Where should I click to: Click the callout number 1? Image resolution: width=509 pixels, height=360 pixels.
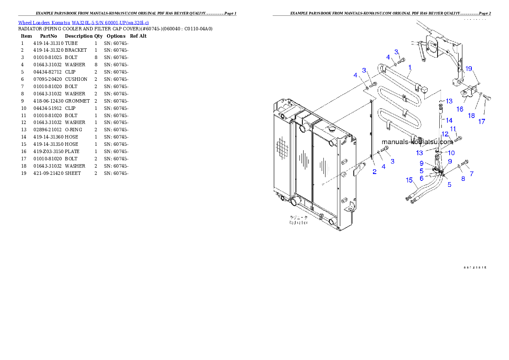410,68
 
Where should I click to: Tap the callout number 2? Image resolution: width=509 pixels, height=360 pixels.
374,172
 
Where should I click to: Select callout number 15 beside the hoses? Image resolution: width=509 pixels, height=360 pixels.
409,180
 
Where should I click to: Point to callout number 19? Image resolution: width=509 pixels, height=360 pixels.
469,69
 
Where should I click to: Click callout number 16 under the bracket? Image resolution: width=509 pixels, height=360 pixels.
460,109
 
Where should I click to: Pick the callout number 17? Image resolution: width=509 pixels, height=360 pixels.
482,121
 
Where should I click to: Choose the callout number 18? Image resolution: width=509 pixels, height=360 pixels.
471,115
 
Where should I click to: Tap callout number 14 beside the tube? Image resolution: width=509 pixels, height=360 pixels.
449,120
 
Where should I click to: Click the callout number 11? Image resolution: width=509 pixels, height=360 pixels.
453,129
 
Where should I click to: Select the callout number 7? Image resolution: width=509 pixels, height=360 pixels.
472,174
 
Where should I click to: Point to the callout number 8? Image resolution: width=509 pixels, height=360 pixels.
463,179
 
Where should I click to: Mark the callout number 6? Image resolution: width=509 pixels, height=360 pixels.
421,178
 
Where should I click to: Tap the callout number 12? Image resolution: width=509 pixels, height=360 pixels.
445,134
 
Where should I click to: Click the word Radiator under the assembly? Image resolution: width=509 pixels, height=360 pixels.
298,223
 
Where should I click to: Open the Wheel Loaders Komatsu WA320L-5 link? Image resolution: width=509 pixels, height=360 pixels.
83,22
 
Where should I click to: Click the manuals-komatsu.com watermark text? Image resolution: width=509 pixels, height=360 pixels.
417,142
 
